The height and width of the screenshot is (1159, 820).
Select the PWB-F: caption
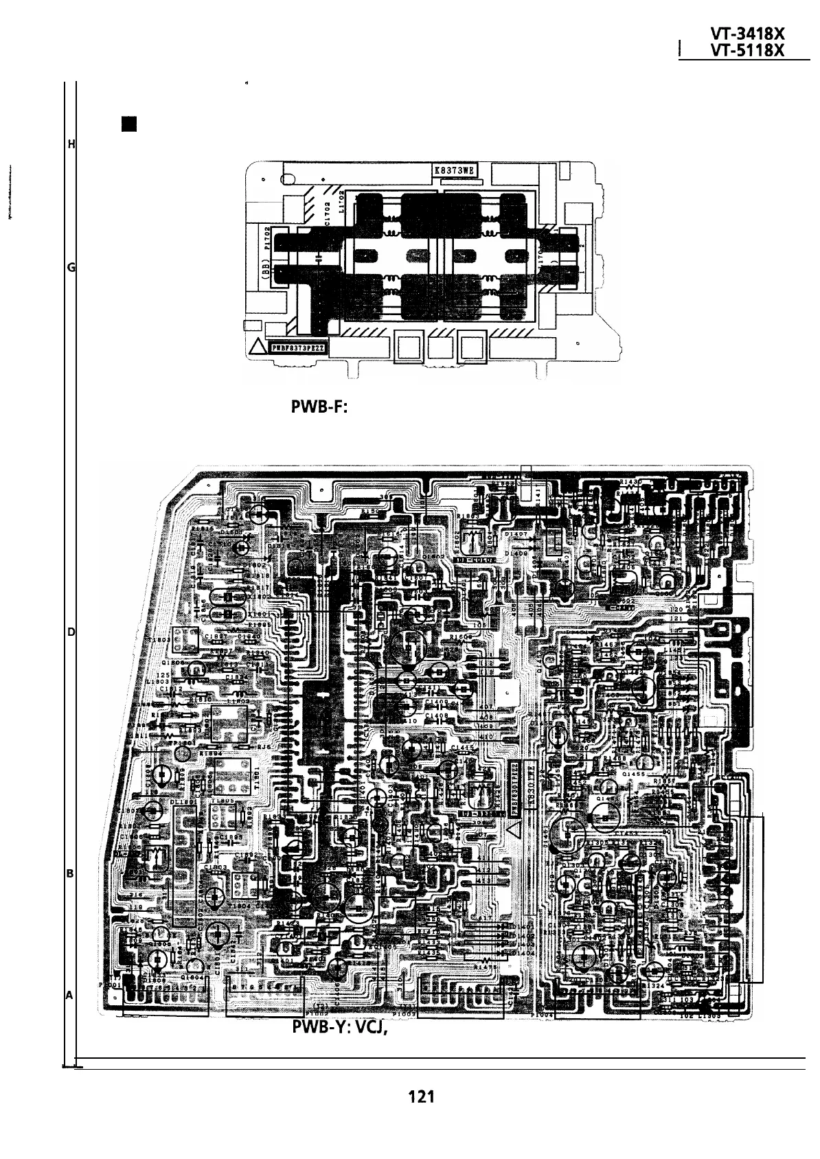tap(321, 408)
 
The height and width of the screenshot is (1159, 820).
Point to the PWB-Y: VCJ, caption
tap(337, 1027)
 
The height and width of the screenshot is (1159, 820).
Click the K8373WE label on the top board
tap(455, 170)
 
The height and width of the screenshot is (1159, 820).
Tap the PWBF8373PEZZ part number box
tap(299, 348)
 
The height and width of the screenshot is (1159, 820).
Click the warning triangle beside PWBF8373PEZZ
tap(258, 349)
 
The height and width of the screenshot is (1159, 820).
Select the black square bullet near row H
tap(128, 124)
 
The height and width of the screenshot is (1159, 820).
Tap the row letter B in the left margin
tap(70, 874)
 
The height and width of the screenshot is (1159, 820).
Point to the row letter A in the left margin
tap(70, 994)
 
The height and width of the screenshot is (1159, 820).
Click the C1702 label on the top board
tap(327, 210)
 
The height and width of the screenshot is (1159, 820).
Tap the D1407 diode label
tap(515, 533)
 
